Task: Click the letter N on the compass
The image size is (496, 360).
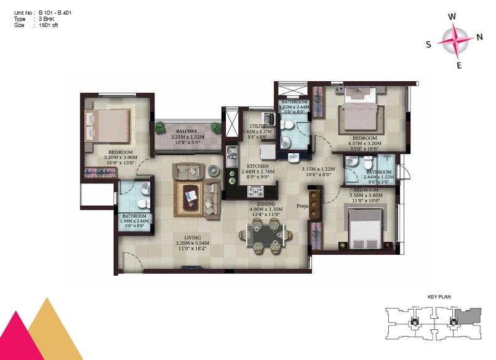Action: [479, 36]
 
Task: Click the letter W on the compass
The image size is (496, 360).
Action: [452, 17]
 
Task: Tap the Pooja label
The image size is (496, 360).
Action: [302, 206]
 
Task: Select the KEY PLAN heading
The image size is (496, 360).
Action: [439, 297]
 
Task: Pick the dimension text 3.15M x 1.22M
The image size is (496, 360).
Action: [318, 169]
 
